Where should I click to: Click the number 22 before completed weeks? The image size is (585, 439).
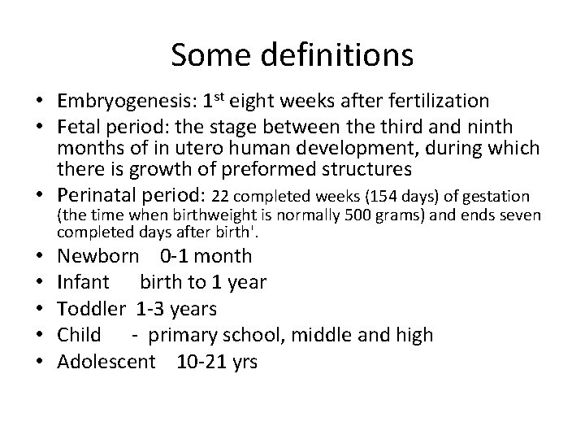click(x=221, y=196)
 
